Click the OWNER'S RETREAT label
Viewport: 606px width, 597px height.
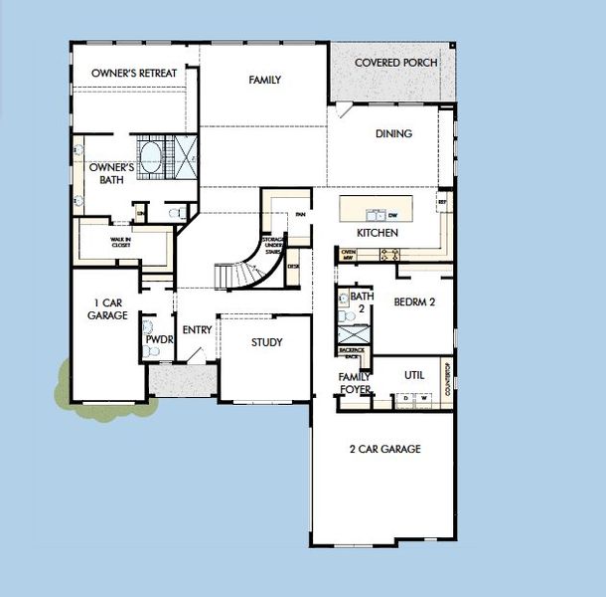coord(134,74)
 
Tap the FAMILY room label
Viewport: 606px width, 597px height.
coord(264,81)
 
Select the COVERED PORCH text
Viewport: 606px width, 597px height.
coord(392,63)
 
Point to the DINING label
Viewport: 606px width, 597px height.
coord(393,133)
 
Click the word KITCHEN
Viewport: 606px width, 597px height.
coord(378,233)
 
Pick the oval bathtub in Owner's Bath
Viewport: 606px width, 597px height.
coord(152,157)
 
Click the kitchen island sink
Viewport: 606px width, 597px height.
coord(377,213)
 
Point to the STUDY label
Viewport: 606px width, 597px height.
coord(266,342)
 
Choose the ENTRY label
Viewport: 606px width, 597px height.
coord(197,330)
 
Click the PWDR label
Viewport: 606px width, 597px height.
coord(159,339)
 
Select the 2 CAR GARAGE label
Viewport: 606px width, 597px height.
coord(384,449)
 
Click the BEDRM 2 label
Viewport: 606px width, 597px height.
coord(416,301)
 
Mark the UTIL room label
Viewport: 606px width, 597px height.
coord(414,375)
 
